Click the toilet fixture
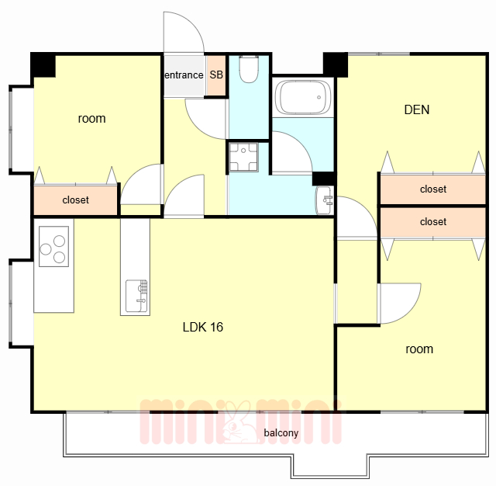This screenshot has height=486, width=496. pyautogui.click(x=249, y=69)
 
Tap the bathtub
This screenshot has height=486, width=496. pyautogui.click(x=303, y=97)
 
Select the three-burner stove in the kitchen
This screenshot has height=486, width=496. pyautogui.click(x=53, y=246)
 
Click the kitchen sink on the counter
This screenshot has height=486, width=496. pyautogui.click(x=136, y=296)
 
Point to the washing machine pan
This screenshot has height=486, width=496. pyautogui.click(x=243, y=157)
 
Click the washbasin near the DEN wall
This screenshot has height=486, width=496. pyautogui.click(x=324, y=200)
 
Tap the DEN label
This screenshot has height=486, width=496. pyautogui.click(x=417, y=109)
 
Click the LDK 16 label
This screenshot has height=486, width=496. pyautogui.click(x=203, y=327)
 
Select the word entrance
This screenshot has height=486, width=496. pyautogui.click(x=184, y=75)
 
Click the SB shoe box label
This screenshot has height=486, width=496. pyautogui.click(x=216, y=75)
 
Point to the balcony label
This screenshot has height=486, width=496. pyautogui.click(x=281, y=432)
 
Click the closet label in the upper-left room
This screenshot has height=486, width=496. pyautogui.click(x=76, y=200)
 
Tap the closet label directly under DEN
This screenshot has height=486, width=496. pyautogui.click(x=433, y=189)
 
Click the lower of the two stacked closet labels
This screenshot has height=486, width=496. pyautogui.click(x=433, y=222)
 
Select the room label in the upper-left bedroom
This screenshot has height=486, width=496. pyautogui.click(x=91, y=119)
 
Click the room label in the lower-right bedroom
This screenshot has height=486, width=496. pyautogui.click(x=419, y=349)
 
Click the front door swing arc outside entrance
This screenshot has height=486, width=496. pyautogui.click(x=194, y=24)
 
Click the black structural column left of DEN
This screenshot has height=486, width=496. pyautogui.click(x=336, y=64)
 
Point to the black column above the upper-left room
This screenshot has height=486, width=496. pyautogui.click(x=43, y=64)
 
